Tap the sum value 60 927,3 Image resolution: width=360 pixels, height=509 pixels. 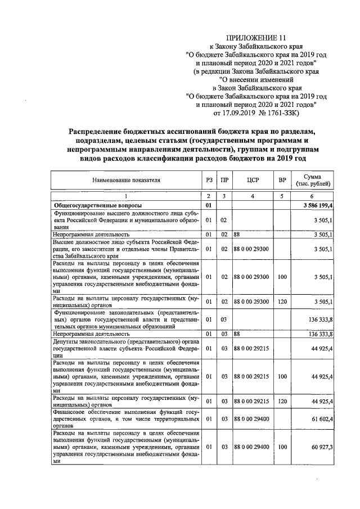coord(321,447)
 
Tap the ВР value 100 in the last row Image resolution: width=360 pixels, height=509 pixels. coord(282,447)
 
